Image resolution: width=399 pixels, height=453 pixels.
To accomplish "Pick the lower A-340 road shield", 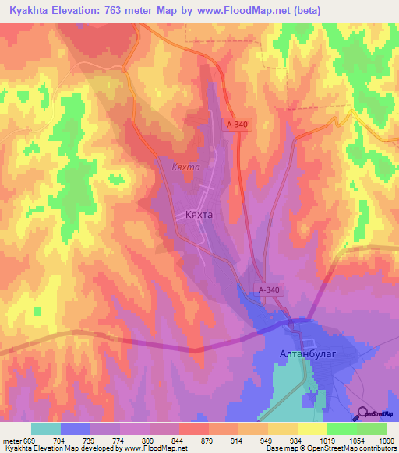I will click(268, 290).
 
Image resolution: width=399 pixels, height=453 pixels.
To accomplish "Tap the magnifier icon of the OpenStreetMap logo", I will click(364, 413).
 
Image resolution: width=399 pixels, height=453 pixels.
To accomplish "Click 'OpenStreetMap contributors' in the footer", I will click(352, 448).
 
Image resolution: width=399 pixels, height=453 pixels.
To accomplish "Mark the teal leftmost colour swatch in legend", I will click(46, 429).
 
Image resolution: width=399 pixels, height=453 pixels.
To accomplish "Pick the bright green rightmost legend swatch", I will click(372, 429).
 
